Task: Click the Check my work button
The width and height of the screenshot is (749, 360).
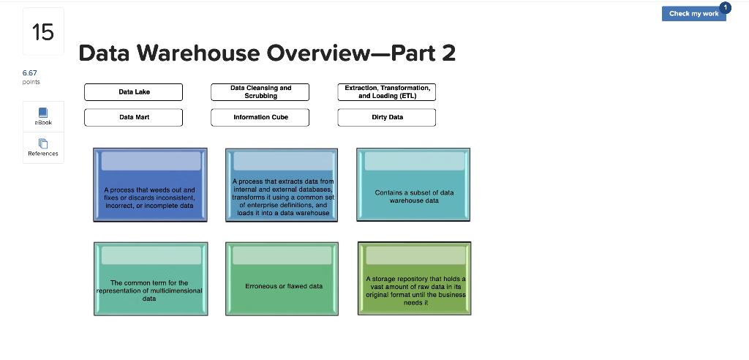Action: (x=693, y=13)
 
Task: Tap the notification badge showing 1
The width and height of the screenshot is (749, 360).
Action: (x=725, y=7)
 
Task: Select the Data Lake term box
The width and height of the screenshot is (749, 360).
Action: (x=134, y=92)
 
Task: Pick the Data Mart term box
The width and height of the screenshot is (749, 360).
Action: (x=134, y=118)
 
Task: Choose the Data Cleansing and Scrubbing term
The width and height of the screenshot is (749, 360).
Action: (x=260, y=92)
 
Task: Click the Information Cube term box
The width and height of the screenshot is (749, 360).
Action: (x=260, y=118)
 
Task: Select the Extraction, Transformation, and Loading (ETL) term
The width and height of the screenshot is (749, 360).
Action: (x=387, y=92)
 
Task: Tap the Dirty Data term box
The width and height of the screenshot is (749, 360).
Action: (x=387, y=118)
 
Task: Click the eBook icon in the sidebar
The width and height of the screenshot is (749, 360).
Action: (x=43, y=113)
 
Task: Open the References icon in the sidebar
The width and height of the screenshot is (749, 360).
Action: (x=43, y=143)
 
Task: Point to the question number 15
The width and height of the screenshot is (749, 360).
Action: (x=43, y=32)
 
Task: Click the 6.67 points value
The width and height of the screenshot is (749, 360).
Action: (x=29, y=73)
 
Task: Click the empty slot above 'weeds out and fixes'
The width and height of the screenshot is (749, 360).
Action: (x=151, y=161)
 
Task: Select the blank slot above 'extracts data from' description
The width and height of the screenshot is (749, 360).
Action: (x=284, y=161)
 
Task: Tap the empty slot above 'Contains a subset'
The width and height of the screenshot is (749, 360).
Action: (x=415, y=161)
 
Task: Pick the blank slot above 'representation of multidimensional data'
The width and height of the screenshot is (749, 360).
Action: (x=151, y=255)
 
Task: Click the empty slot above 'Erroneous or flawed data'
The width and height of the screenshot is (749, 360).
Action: (x=282, y=255)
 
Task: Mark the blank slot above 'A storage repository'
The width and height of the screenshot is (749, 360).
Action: (x=415, y=255)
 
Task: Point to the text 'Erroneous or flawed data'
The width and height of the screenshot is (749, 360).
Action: (x=284, y=286)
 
